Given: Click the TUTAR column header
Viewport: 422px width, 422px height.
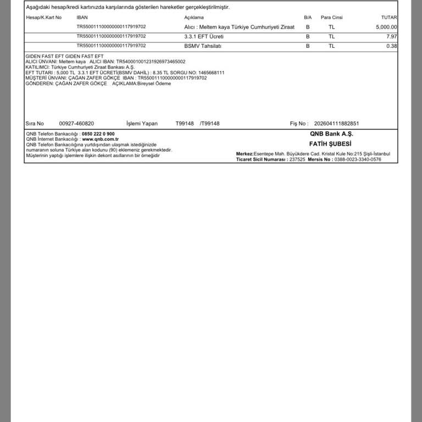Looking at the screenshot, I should click(x=389, y=18).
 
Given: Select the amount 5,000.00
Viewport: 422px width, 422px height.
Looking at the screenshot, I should click(x=387, y=27).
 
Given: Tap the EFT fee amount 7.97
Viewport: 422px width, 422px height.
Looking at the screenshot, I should click(x=392, y=36).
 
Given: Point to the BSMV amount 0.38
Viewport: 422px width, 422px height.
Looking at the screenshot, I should click(x=392, y=46).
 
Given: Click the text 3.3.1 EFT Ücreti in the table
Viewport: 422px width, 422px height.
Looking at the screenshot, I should click(x=204, y=36).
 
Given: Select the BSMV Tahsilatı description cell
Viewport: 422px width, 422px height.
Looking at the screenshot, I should click(x=203, y=46).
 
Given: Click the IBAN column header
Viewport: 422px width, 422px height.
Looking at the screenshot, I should click(x=82, y=18).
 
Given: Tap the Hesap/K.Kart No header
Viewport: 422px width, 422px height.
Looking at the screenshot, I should click(x=44, y=18).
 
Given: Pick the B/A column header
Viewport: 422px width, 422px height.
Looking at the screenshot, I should click(x=308, y=18).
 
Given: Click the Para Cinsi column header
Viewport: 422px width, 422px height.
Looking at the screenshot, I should click(x=331, y=18).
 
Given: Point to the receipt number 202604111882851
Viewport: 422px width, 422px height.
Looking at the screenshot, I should click(x=336, y=124).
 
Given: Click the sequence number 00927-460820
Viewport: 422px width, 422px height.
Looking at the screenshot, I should click(x=76, y=124).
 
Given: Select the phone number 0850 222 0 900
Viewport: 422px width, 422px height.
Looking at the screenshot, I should click(x=98, y=134).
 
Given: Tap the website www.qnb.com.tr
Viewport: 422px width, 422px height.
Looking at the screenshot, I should click(x=101, y=140).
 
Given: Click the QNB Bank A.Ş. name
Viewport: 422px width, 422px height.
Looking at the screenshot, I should click(x=331, y=134).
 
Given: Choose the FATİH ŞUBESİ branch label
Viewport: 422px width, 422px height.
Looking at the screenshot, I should click(x=330, y=144).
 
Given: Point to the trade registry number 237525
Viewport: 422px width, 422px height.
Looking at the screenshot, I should click(x=297, y=159).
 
